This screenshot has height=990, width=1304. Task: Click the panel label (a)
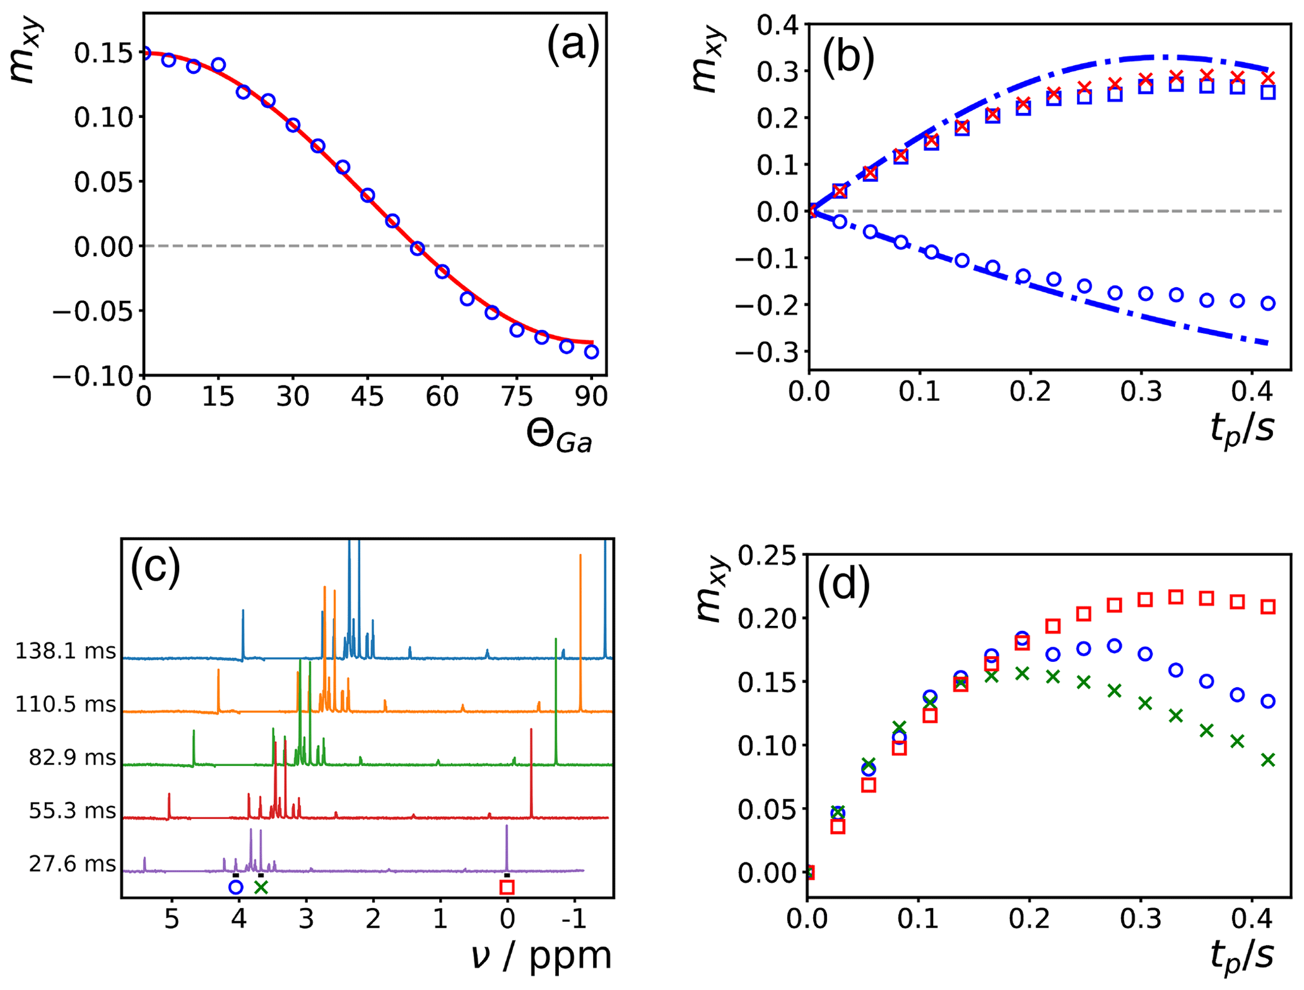pyautogui.click(x=573, y=45)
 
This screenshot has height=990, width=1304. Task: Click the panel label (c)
pyautogui.click(x=155, y=566)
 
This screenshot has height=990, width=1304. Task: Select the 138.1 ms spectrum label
pyautogui.click(x=66, y=651)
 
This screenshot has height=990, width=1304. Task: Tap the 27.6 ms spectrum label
pyautogui.click(x=72, y=864)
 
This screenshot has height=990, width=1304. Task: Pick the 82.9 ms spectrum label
pyautogui.click(x=72, y=757)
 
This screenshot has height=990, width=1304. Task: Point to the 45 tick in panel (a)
pyautogui.click(x=367, y=397)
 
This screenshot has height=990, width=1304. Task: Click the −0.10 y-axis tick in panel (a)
pyautogui.click(x=93, y=376)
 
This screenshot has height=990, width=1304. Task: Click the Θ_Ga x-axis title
pyautogui.click(x=559, y=437)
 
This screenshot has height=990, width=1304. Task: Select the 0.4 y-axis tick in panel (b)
pyautogui.click(x=777, y=25)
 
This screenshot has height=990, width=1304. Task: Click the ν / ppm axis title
pyautogui.click(x=541, y=955)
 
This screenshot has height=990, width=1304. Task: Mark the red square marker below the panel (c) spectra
pyautogui.click(x=507, y=887)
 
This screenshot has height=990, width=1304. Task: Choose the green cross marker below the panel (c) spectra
pyautogui.click(x=261, y=887)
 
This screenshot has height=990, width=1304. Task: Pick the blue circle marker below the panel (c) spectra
pyautogui.click(x=235, y=887)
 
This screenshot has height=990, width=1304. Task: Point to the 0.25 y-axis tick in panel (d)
pyautogui.click(x=768, y=555)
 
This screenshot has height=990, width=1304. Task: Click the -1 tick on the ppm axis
pyautogui.click(x=574, y=919)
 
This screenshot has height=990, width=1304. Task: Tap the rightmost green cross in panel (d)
pyautogui.click(x=1268, y=760)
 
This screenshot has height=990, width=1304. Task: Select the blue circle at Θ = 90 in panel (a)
pyautogui.click(x=591, y=352)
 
